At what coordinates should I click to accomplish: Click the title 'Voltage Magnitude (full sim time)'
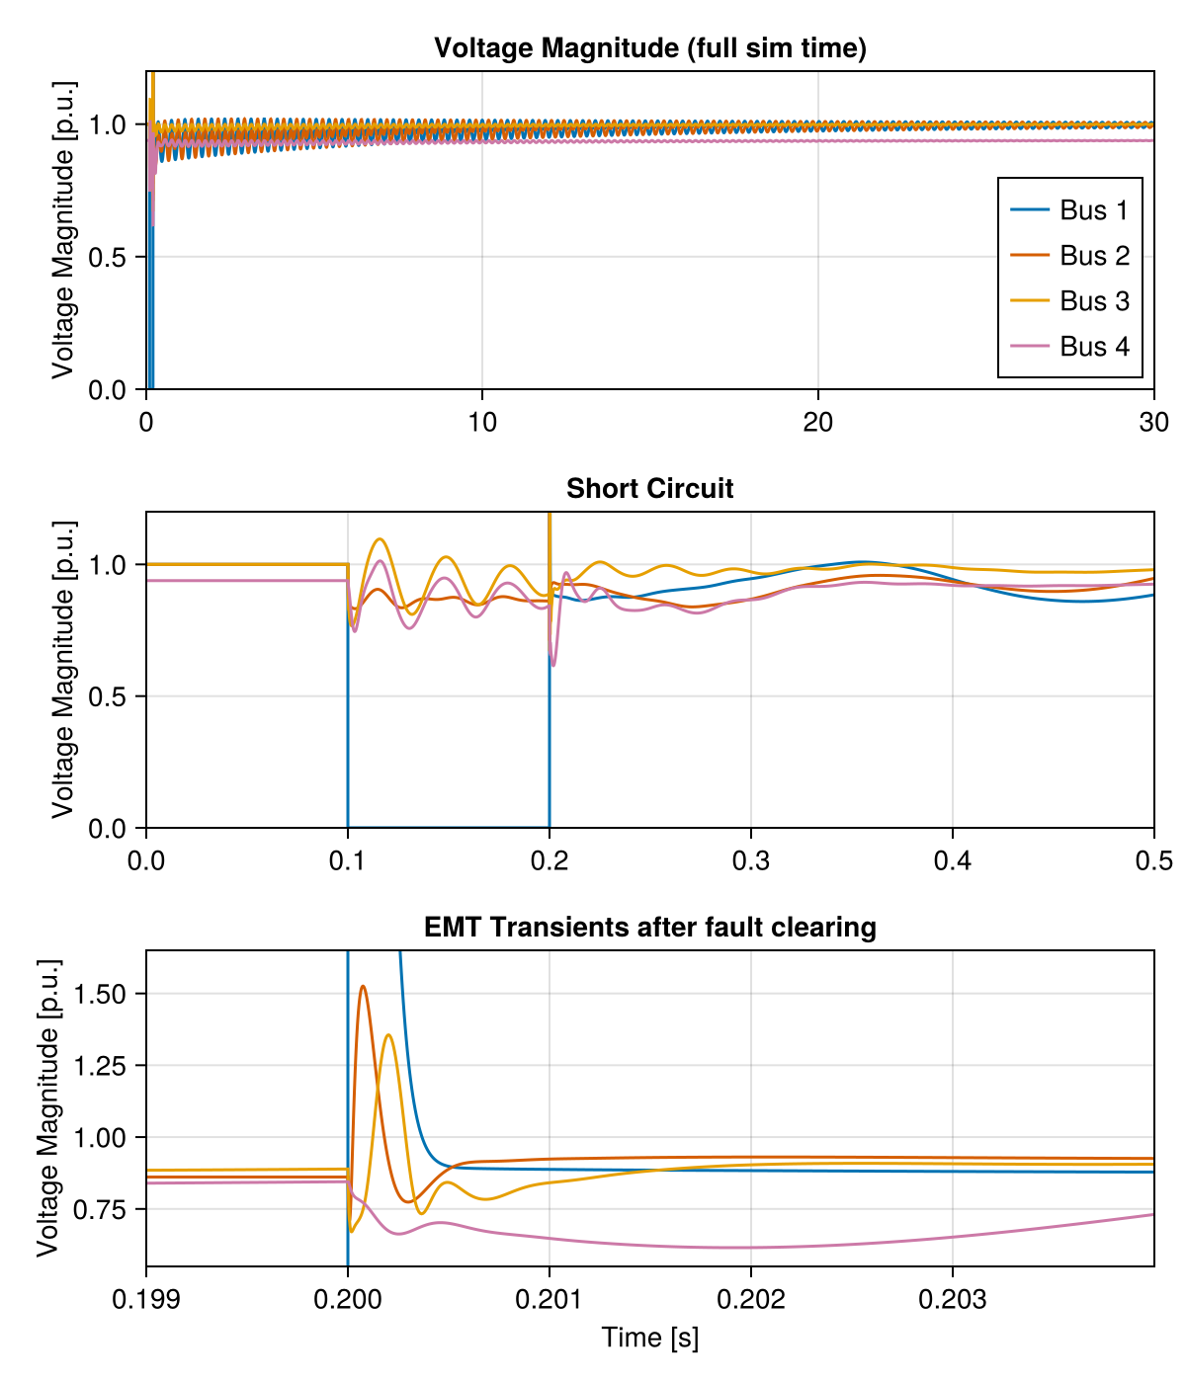pos(650,48)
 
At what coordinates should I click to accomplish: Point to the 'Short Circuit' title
pos(650,489)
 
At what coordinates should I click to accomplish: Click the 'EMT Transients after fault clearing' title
pos(650,928)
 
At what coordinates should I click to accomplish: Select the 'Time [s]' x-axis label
pos(650,1338)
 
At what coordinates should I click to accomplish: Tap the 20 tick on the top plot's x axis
pos(818,422)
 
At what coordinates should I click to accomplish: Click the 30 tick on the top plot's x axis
pos(1153,422)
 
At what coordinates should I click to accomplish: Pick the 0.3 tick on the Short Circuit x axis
pos(751,860)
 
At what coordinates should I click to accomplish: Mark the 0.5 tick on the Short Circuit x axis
pos(1153,860)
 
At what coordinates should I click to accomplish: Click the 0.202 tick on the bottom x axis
pos(751,1298)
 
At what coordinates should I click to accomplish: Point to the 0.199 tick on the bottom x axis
pos(146,1298)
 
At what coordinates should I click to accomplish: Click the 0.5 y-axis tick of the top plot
pos(113,257)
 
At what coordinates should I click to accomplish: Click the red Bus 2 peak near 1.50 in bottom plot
pos(364,986)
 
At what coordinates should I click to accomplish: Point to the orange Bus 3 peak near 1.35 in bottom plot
pos(388,1035)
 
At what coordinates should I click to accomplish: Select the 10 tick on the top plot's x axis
pos(481,422)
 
